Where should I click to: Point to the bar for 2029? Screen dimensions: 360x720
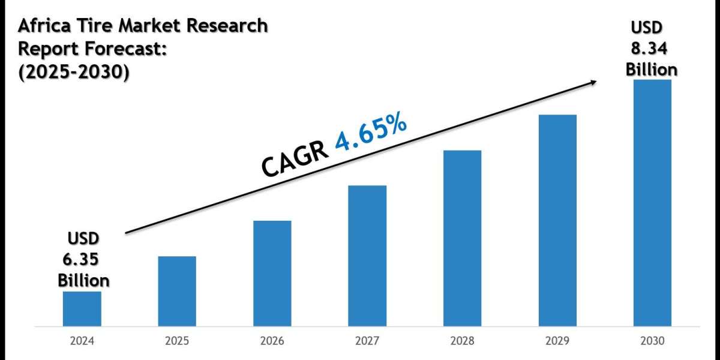[557, 220]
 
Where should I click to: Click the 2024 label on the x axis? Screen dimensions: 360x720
[82, 341]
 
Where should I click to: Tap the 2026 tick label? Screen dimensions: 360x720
[272, 341]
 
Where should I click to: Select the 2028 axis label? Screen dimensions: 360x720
[462, 341]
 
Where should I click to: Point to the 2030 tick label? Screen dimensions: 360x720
[652, 341]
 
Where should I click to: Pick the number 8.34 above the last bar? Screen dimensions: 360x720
[650, 49]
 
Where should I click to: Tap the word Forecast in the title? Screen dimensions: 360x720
[124, 49]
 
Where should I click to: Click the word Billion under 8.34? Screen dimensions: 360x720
[652, 69]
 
